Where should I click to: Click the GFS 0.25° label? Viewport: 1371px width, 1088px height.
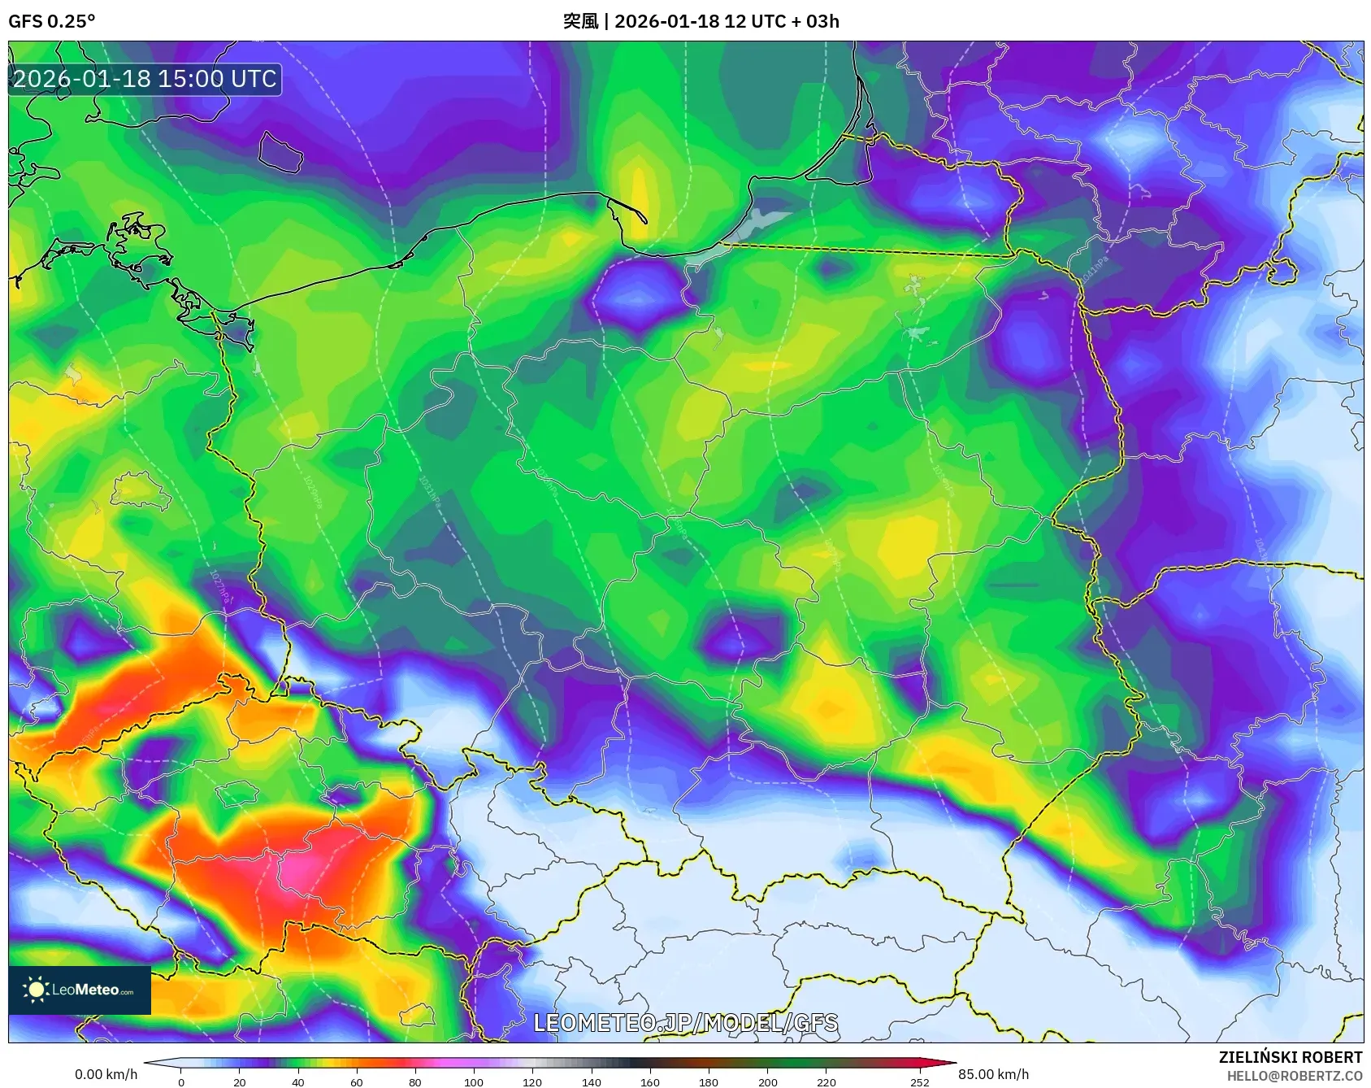tap(51, 21)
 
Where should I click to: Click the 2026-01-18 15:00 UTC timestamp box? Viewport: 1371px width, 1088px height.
tap(145, 79)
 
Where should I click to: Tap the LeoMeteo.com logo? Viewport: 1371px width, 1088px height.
tap(80, 990)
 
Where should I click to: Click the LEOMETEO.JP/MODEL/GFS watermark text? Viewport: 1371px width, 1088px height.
tap(685, 1023)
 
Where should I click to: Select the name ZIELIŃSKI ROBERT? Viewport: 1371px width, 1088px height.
tap(1290, 1057)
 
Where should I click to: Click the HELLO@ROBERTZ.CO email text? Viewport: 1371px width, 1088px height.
tap(1294, 1076)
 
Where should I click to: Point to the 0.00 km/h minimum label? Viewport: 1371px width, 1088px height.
tap(106, 1074)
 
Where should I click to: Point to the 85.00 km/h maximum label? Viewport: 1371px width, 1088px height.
tap(993, 1074)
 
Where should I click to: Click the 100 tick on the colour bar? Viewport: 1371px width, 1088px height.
tap(474, 1081)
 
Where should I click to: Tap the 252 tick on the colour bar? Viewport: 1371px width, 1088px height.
tap(919, 1081)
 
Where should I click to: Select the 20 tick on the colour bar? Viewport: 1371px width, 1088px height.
tap(239, 1081)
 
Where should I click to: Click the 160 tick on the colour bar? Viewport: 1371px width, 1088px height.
tap(649, 1081)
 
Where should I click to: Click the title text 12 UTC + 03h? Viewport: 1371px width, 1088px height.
tap(781, 21)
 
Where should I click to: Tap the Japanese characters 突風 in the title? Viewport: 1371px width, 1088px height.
tap(580, 21)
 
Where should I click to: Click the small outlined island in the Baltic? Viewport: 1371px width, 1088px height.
tap(280, 152)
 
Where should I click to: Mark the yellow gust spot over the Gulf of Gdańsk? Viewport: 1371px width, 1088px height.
tap(640, 195)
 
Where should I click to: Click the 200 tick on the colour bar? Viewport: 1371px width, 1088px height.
tap(767, 1081)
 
